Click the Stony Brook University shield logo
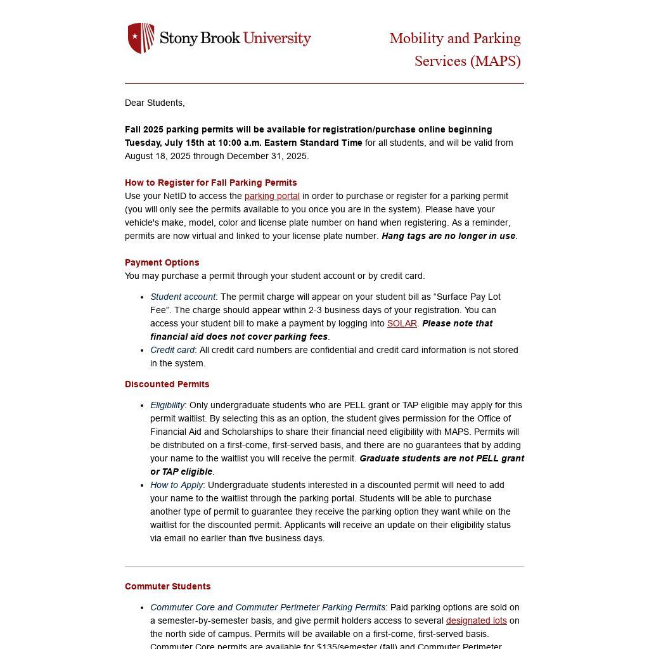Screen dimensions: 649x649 tap(141, 38)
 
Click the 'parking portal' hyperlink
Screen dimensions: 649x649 tap(272, 196)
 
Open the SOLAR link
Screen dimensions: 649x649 tap(402, 323)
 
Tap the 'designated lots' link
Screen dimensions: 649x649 tap(476, 620)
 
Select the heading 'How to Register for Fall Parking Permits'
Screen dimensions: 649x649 tap(210, 183)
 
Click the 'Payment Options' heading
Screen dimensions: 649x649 tap(162, 262)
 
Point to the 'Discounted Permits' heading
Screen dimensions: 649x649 tap(167, 384)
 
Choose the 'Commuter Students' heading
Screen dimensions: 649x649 tap(167, 586)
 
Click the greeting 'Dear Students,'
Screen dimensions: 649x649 tap(155, 103)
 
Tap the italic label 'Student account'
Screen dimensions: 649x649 tap(183, 297)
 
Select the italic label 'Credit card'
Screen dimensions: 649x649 tap(172, 350)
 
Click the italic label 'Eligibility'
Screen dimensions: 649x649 tap(167, 405)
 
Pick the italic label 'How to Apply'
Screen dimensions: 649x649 tap(176, 485)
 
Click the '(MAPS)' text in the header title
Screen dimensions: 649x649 tap(495, 61)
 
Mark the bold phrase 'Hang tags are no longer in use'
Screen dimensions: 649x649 tap(448, 236)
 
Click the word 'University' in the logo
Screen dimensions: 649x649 tap(277, 38)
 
